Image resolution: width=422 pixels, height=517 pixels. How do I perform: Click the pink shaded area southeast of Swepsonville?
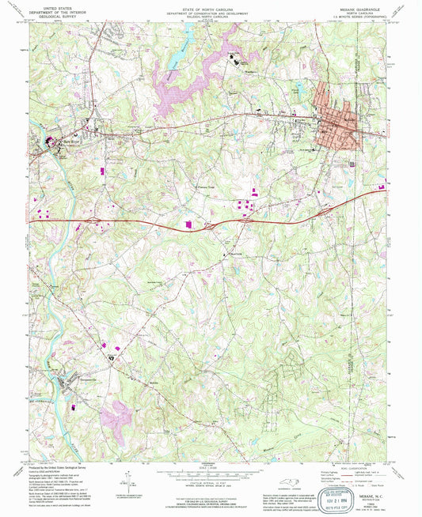pyautogui.click(x=120, y=414)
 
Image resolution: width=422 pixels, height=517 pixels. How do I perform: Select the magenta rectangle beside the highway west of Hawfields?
pyautogui.click(x=188, y=225)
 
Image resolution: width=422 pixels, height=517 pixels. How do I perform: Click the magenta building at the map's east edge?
pyautogui.click(x=382, y=187)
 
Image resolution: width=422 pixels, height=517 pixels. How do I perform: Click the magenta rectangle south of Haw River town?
pyautogui.click(x=101, y=169)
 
